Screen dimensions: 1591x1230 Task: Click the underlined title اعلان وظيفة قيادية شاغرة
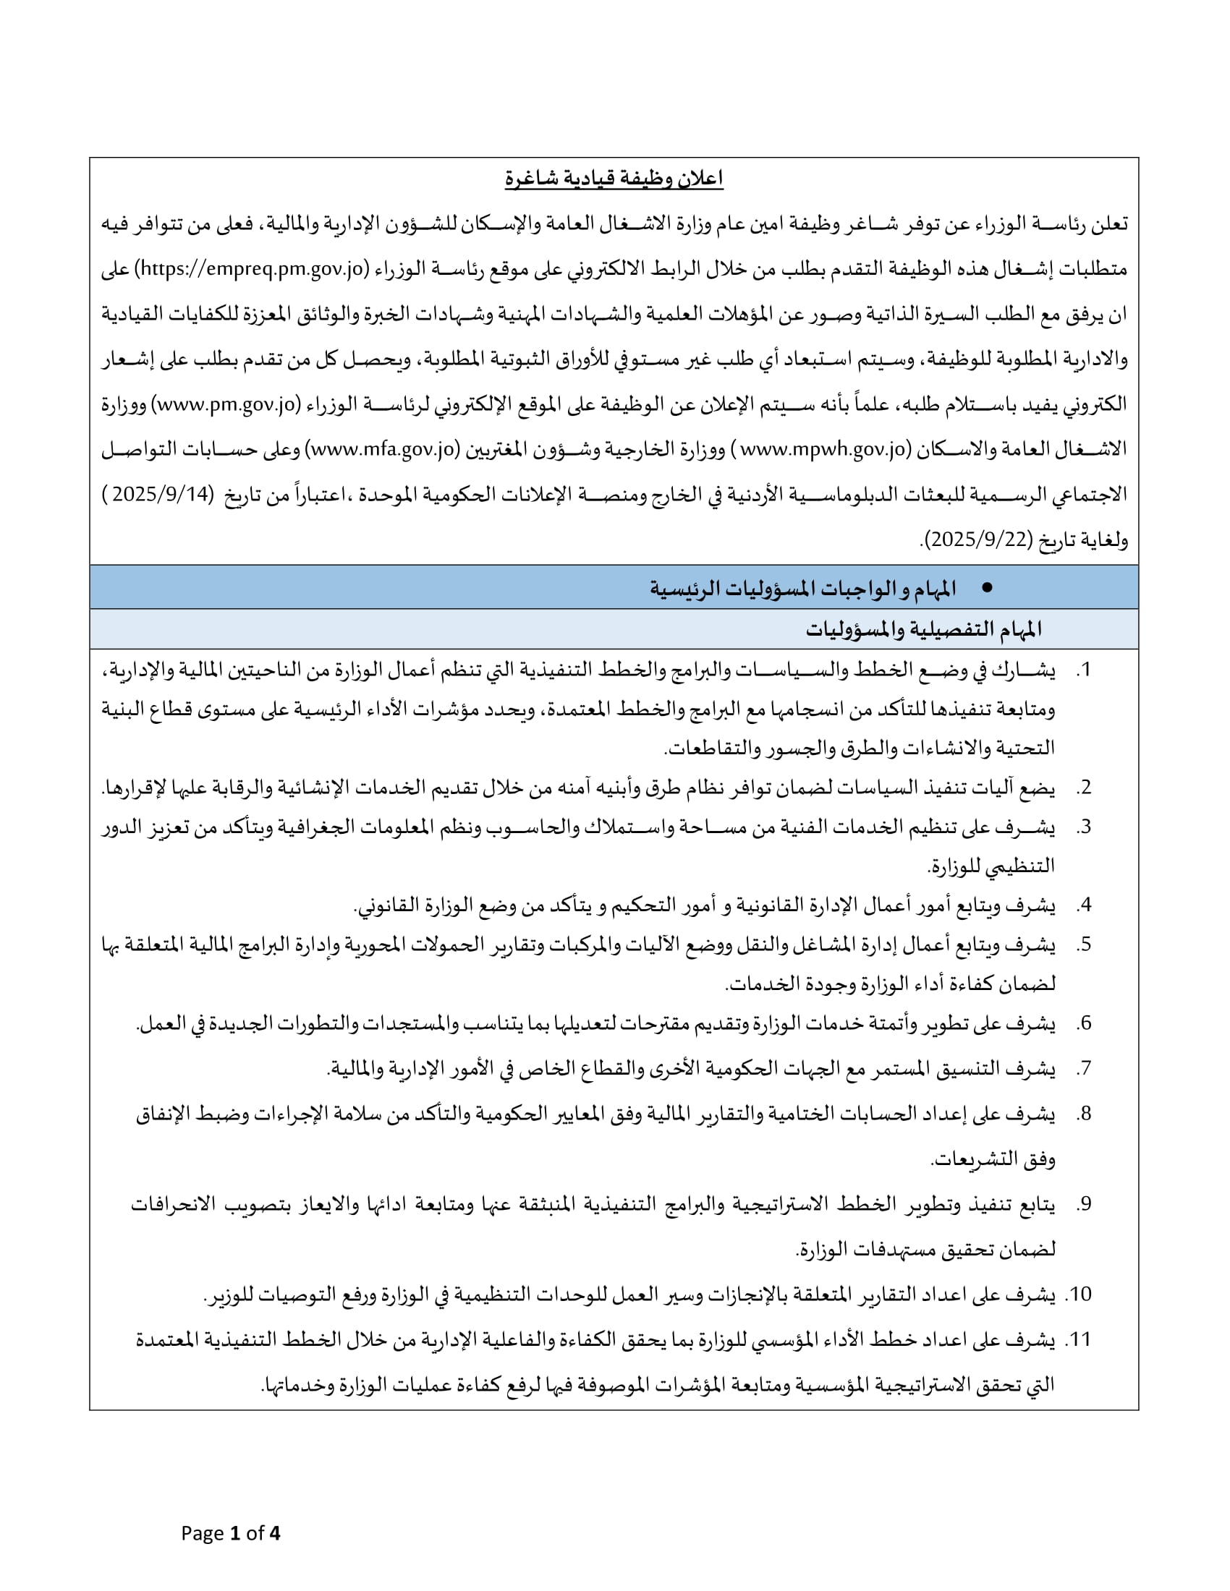click(614, 179)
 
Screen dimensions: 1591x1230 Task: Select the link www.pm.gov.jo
click(226, 404)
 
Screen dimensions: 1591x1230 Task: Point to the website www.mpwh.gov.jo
click(823, 450)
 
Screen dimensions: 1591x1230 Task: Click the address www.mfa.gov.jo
click(383, 450)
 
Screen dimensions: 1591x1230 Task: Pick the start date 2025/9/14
click(161, 495)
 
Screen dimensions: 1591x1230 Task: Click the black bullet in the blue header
click(988, 587)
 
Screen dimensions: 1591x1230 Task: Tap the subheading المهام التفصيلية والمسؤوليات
click(923, 629)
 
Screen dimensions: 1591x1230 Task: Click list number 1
click(1084, 670)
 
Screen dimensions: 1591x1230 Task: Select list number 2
click(1084, 788)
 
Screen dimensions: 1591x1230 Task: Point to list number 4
click(1084, 905)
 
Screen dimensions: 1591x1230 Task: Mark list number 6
click(1084, 1023)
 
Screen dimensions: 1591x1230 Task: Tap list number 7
click(1084, 1069)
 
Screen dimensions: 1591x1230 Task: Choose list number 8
click(1084, 1114)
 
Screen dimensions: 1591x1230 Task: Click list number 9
click(1084, 1204)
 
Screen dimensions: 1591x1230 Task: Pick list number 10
click(1079, 1294)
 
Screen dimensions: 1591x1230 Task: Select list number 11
click(1079, 1339)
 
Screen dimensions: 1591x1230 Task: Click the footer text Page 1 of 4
click(230, 1533)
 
